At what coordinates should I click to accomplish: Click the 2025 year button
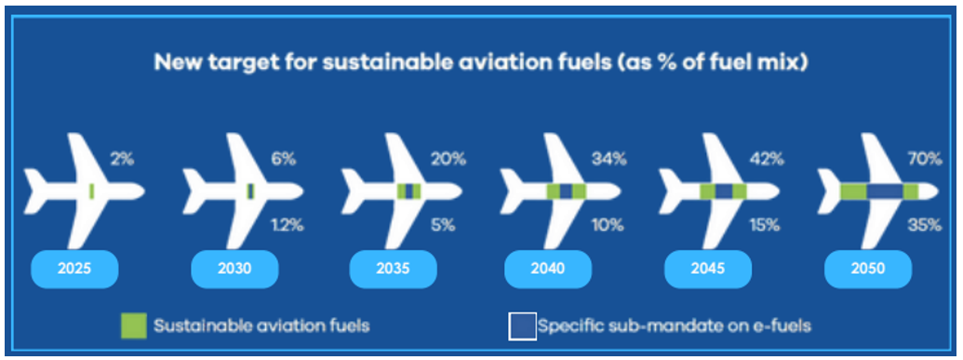[x=74, y=269]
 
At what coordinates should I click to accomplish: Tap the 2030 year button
[x=234, y=269]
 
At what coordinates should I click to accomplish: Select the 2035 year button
[x=393, y=269]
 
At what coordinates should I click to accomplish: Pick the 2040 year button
[x=548, y=269]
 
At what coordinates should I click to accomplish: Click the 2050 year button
[x=868, y=269]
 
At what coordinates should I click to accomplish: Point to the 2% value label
[x=122, y=160]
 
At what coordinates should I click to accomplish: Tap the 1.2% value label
[x=288, y=226]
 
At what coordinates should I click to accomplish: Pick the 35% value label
[x=925, y=226]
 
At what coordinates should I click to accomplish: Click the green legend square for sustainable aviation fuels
[x=133, y=326]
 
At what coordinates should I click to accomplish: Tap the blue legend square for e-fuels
[x=522, y=327]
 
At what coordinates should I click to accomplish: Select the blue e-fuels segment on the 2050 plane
[x=885, y=192]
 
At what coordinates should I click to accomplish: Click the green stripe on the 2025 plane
[x=91, y=192]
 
